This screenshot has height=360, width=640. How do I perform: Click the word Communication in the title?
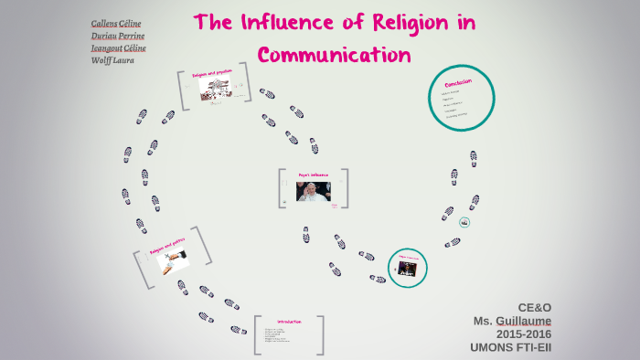(x=335, y=55)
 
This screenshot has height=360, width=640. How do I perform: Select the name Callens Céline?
(x=117, y=23)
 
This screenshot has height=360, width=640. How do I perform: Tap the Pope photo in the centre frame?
(x=312, y=192)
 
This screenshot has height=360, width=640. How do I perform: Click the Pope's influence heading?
(x=312, y=174)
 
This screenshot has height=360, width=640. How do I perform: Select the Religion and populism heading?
(x=214, y=72)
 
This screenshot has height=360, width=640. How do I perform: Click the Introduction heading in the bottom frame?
(x=289, y=322)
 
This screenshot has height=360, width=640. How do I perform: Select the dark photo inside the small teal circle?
(x=406, y=268)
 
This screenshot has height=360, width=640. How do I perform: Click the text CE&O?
(x=534, y=308)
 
